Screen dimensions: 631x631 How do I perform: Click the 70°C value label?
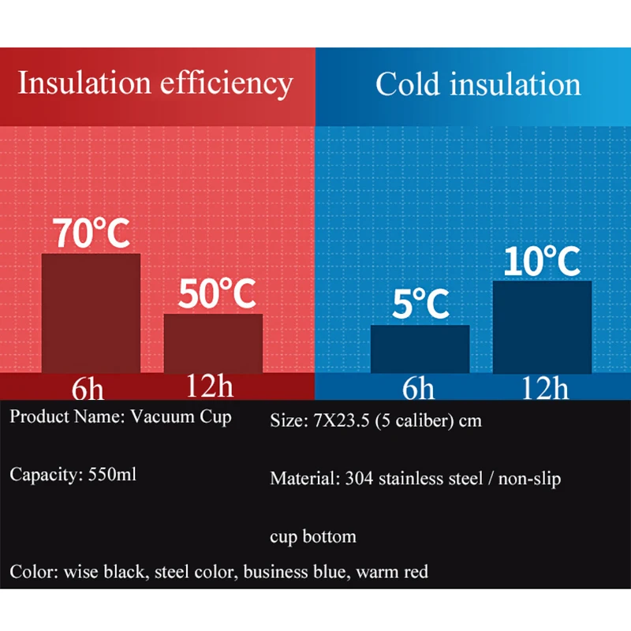(x=91, y=233)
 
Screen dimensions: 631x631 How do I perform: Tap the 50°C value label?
(x=218, y=294)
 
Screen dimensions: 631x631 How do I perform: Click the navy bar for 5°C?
(x=420, y=349)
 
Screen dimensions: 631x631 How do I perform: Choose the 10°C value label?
(x=542, y=261)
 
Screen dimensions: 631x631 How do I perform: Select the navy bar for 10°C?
(x=542, y=327)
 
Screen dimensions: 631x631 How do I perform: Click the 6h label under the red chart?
(x=90, y=388)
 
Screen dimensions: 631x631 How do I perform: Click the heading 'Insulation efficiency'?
(x=155, y=83)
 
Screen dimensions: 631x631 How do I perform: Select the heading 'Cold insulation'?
(x=478, y=84)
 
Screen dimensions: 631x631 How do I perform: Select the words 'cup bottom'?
(x=313, y=537)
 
